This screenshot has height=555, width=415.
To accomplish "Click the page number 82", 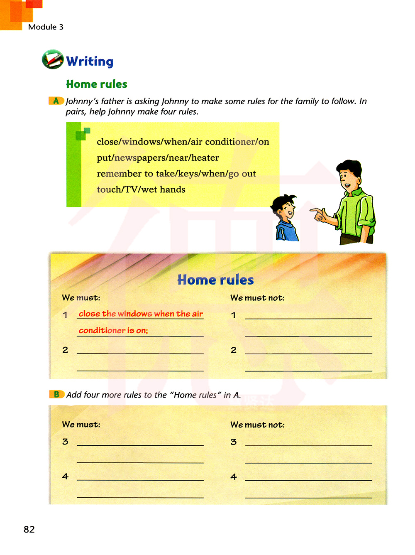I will click(x=29, y=529).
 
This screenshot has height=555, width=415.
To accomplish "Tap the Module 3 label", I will click(x=46, y=27).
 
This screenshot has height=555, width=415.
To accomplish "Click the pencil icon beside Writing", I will click(x=52, y=59).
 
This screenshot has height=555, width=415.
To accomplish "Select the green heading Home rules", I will click(x=96, y=84).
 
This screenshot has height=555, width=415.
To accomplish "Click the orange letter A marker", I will click(x=56, y=101).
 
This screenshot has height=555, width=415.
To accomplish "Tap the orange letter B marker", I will click(x=56, y=394).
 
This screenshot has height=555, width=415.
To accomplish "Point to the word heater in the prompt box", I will click(x=205, y=158).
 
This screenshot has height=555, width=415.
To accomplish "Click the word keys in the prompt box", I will click(x=188, y=174).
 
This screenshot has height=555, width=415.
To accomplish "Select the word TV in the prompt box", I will click(x=131, y=189).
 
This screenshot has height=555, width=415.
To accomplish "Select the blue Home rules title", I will click(x=215, y=280).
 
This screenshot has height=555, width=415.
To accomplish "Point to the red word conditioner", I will click(x=102, y=331).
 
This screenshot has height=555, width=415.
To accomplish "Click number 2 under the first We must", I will click(x=65, y=350).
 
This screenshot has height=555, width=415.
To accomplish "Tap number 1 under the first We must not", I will click(x=234, y=315).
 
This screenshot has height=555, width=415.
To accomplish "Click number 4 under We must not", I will click(x=234, y=477).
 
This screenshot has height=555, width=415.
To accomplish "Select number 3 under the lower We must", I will click(x=65, y=442).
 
